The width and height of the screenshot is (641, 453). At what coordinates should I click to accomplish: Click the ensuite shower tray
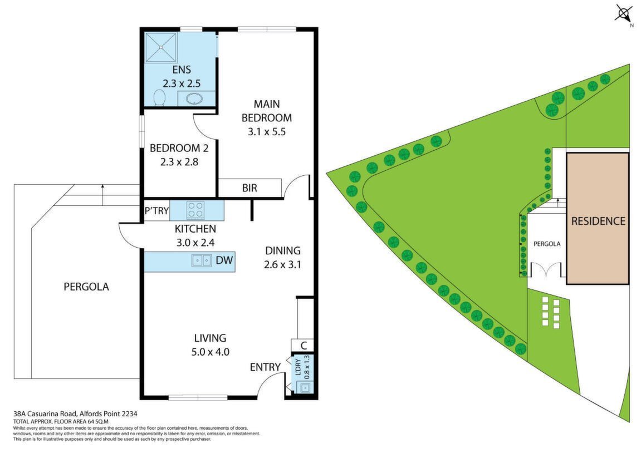pos(161,47)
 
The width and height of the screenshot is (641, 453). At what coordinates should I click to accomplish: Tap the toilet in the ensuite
pos(159,97)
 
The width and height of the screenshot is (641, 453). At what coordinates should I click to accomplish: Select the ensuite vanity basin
pos(194,99)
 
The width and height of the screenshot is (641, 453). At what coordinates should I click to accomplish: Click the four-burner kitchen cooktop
pos(195,210)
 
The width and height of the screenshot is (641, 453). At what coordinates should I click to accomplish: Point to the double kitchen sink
pos(202,260)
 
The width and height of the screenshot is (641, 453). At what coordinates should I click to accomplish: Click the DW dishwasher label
pos(224,259)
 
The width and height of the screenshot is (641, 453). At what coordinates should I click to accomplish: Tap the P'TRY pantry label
pos(156,211)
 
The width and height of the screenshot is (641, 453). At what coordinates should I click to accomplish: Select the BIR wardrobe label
pos(249,188)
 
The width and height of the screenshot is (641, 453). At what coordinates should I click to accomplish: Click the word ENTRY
pos(265,367)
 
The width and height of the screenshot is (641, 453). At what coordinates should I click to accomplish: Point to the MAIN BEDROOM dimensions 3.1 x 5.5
pos(267,132)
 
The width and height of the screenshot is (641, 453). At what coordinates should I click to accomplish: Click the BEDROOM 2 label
pos(179,148)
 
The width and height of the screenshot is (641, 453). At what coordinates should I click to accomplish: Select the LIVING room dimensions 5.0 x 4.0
pos(210,352)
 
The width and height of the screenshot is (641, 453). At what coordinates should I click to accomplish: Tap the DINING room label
pos(283,251)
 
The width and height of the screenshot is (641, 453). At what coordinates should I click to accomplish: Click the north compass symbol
pos(624,14)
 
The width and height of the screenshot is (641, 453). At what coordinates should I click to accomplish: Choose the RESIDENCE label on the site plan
pos(598,221)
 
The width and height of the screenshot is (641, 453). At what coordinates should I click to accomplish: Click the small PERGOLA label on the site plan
pos(547,244)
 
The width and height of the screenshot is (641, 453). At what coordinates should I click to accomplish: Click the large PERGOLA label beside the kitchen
pos(86,287)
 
